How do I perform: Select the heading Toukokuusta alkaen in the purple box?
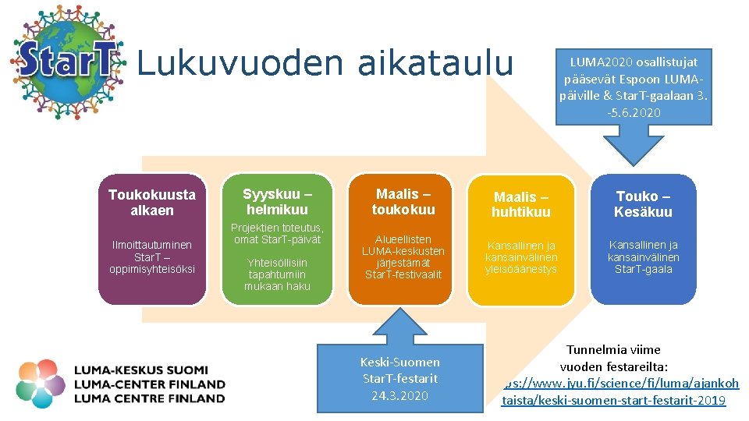(x=152, y=202)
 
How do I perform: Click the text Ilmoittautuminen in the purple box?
(x=152, y=245)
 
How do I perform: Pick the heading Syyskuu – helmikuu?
(x=277, y=201)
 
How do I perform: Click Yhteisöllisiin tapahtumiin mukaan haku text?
(x=277, y=274)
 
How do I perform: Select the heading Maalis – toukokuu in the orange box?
(x=403, y=201)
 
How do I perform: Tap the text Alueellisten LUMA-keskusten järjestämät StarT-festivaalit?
(x=403, y=256)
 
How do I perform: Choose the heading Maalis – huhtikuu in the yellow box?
(x=520, y=204)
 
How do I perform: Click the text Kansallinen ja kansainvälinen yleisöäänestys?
(x=520, y=257)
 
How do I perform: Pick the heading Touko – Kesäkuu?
(x=643, y=204)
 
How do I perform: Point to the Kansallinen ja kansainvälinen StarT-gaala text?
(x=643, y=257)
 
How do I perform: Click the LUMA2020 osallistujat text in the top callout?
(x=634, y=62)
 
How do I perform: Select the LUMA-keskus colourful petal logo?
(x=41, y=384)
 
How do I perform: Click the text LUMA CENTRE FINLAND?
(x=149, y=398)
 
